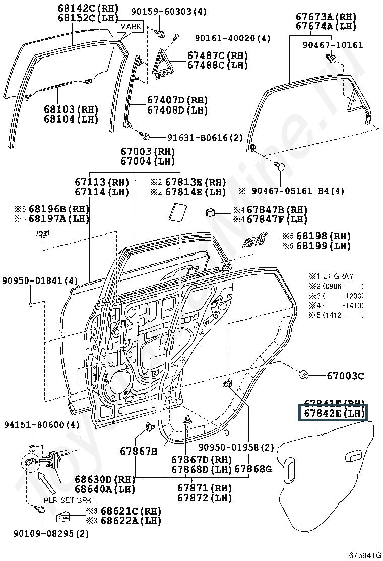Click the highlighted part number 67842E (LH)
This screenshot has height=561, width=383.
(x=334, y=413)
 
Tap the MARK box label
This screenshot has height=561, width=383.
(x=131, y=26)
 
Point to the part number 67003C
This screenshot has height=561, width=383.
(x=345, y=376)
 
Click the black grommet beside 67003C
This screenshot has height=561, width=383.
(x=304, y=375)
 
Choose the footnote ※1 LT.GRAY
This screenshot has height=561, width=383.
(x=331, y=276)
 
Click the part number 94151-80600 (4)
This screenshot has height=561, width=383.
(x=42, y=425)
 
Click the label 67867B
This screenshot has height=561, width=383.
(x=139, y=451)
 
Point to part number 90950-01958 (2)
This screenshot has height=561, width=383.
(x=236, y=447)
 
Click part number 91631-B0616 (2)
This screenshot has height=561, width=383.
(x=205, y=137)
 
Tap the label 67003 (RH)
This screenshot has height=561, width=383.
(x=147, y=151)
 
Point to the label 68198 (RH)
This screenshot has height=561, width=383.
(x=323, y=236)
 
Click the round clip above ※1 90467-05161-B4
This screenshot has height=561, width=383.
(x=281, y=166)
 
